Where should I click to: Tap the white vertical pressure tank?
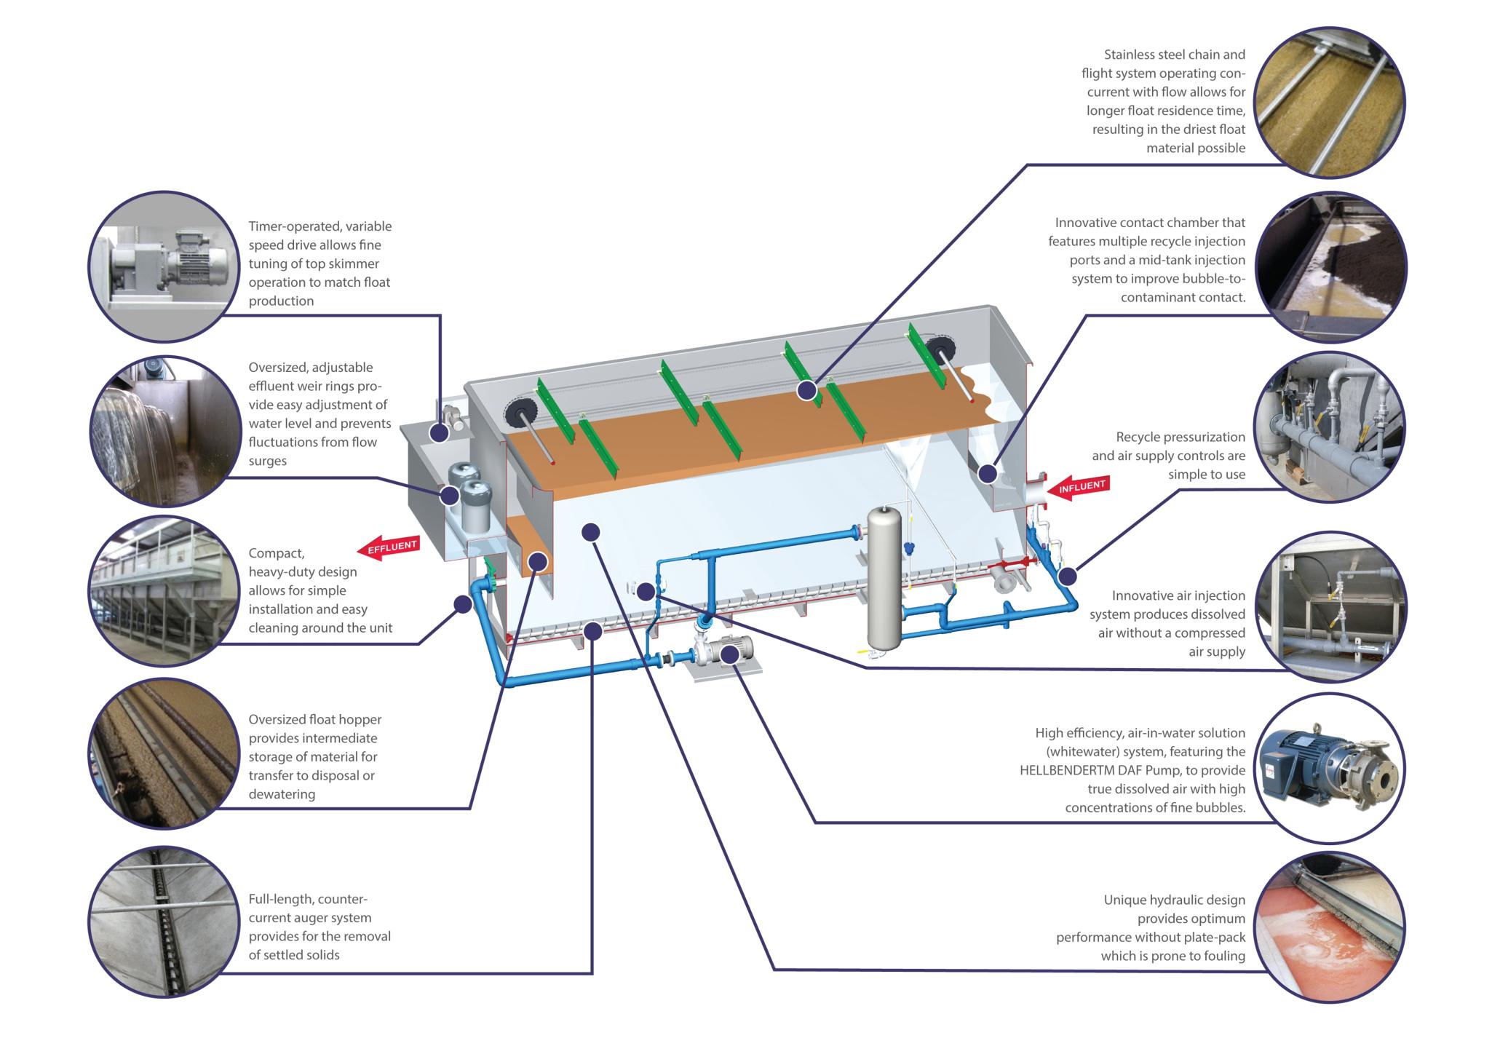884,579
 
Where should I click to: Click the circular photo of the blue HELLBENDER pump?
1330,769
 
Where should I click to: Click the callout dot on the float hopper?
538,561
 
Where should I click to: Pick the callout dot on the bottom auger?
593,631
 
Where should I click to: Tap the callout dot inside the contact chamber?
987,474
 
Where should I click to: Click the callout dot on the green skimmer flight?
806,391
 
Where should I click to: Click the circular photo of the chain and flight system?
1330,102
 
